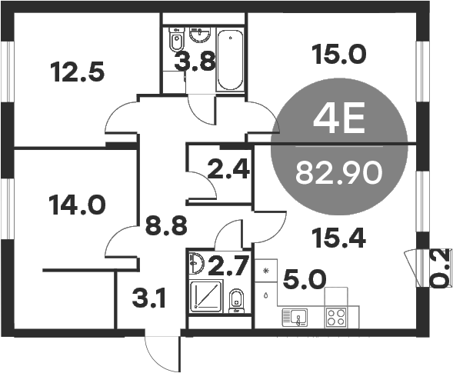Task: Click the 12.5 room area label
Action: click(77, 74)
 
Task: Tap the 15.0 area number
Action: click(338, 54)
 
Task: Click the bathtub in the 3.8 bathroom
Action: click(228, 60)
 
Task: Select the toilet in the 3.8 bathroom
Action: click(175, 39)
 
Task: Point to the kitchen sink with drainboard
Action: click(295, 315)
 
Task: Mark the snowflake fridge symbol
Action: click(267, 271)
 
